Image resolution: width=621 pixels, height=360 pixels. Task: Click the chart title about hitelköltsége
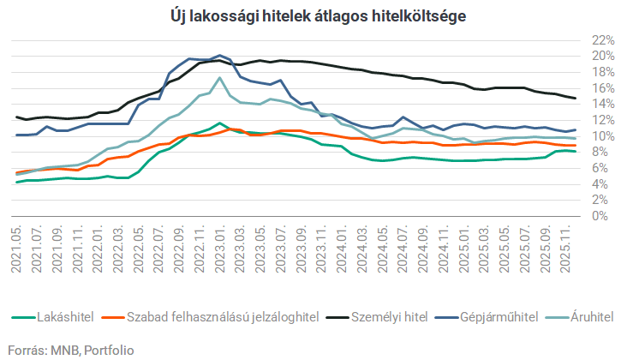310,15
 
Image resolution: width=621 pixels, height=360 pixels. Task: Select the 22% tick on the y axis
600,40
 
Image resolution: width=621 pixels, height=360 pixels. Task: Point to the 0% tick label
604,216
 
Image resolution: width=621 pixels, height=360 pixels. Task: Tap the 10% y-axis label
600,136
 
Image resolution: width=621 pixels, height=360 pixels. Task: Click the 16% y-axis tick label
600,88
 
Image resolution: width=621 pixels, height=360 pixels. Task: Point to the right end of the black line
575,99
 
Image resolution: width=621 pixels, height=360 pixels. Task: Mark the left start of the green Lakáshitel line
17,182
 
